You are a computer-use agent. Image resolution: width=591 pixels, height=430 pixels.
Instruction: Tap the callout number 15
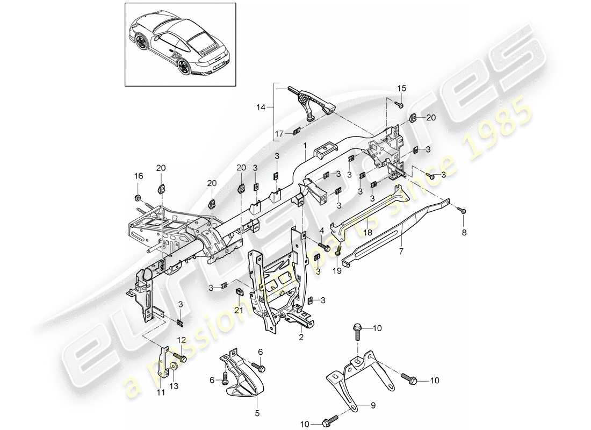[402, 88]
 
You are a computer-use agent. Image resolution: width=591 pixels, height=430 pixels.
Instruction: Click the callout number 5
[256, 413]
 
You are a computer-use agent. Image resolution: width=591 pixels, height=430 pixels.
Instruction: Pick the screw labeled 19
[338, 251]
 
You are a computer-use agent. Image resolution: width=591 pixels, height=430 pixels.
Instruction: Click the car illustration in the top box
[180, 44]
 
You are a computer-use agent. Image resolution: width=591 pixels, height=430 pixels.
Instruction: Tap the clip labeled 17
[297, 131]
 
